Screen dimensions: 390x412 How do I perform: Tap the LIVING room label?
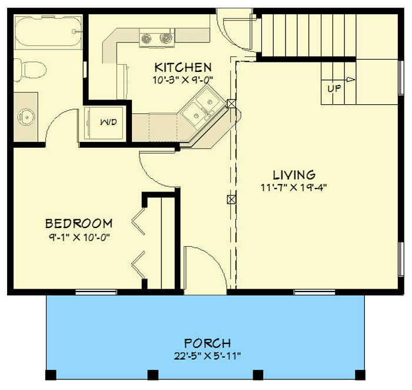tap(294, 175)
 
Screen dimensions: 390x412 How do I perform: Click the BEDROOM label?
tap(79, 223)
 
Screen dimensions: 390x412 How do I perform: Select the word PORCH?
tap(207, 343)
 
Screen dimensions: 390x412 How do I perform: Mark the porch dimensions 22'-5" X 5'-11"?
tap(207, 355)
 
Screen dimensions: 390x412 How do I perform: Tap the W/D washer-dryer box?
tap(107, 122)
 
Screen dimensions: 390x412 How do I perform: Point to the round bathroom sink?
tap(27, 116)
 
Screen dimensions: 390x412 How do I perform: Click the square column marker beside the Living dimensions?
tap(231, 199)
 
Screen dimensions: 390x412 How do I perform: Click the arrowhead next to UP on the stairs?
tap(351, 80)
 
